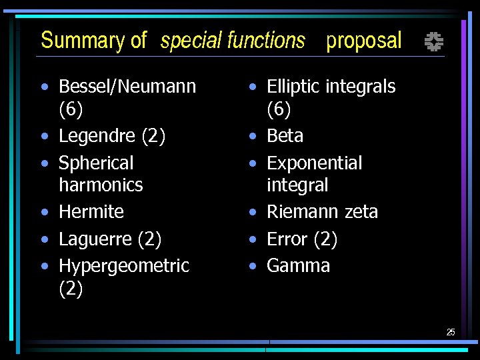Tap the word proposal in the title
pyautogui.click(x=364, y=41)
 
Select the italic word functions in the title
pyautogui.click(x=266, y=41)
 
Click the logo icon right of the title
pyautogui.click(x=434, y=43)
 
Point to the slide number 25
pyautogui.click(x=451, y=332)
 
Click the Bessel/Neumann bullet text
pyautogui.click(x=127, y=87)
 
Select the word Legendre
pyautogui.click(x=98, y=136)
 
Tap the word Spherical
pyautogui.click(x=96, y=163)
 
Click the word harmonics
pyautogui.click(x=101, y=185)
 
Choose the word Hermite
pyautogui.click(x=91, y=212)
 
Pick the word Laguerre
pyautogui.click(x=97, y=239)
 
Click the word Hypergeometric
pyautogui.click(x=124, y=265)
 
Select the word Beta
pyautogui.click(x=285, y=136)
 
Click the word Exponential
pyautogui.click(x=314, y=163)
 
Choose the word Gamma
pyautogui.click(x=298, y=265)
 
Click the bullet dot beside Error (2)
pyautogui.click(x=253, y=239)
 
